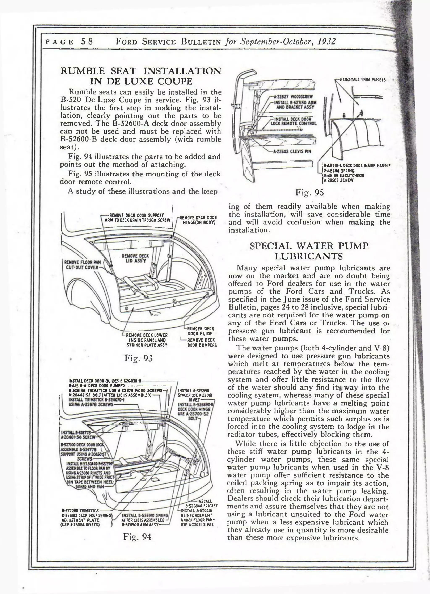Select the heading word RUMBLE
coord(83,71)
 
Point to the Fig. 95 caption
coord(310,192)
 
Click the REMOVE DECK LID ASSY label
coord(135,258)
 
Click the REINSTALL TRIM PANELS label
coord(362,80)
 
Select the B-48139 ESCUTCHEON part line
coord(344,175)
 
